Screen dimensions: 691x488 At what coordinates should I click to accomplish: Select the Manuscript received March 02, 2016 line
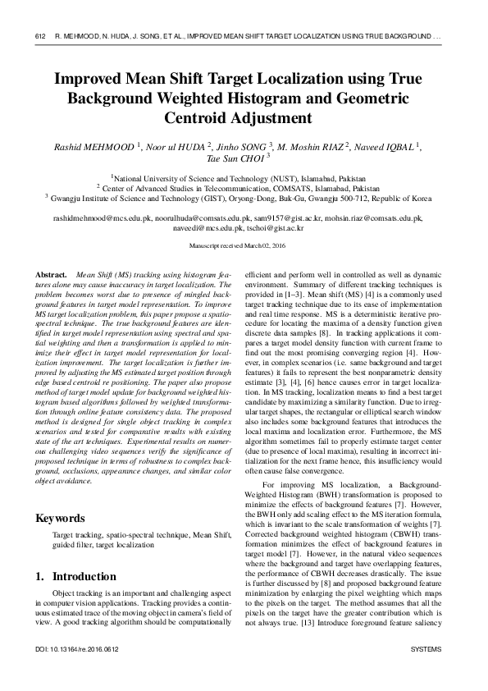[x=243, y=246]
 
